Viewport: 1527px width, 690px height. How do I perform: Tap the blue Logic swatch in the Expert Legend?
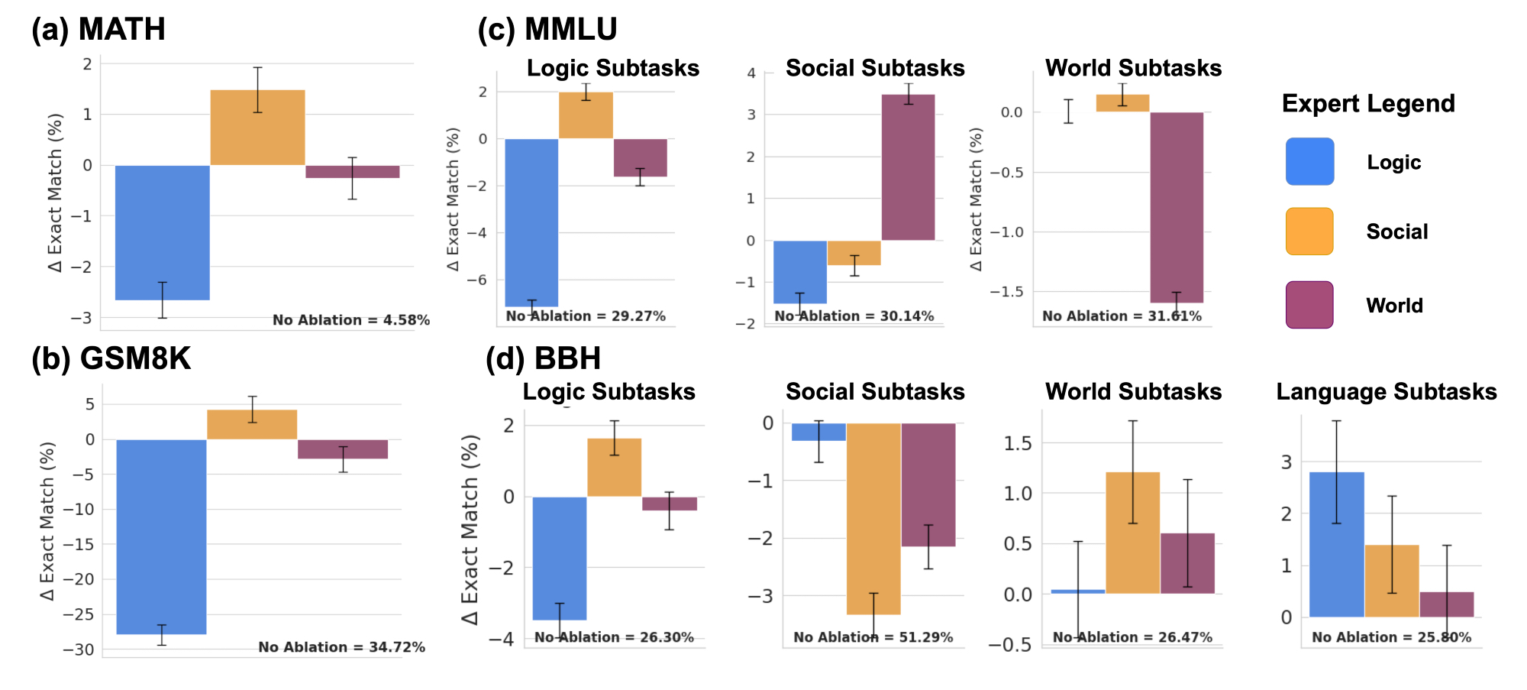click(1309, 161)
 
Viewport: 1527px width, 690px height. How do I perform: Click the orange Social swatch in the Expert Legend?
click(1309, 232)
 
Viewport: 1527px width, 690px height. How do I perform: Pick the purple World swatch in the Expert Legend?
click(1309, 305)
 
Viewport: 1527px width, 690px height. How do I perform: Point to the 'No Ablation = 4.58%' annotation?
click(351, 320)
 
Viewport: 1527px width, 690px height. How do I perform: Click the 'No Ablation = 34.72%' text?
click(341, 647)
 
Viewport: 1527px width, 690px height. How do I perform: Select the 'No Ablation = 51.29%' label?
click(873, 637)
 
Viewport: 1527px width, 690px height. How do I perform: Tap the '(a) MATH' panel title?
click(98, 29)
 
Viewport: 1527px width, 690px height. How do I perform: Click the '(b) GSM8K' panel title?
click(111, 358)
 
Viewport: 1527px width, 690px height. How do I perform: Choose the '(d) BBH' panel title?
click(544, 358)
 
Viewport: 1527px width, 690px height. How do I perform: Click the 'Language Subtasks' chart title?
click(1386, 392)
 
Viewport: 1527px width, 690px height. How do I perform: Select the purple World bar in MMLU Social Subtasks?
click(908, 167)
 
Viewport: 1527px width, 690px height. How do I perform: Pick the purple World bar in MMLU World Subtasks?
click(1177, 207)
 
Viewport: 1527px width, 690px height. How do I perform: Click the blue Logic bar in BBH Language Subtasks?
click(1336, 544)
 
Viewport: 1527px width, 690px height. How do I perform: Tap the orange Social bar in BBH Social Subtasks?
click(873, 519)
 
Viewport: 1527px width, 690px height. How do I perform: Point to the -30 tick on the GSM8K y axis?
click(79, 650)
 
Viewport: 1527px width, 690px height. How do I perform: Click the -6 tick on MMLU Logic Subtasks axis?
click(482, 280)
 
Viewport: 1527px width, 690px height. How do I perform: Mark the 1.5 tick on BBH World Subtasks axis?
click(1017, 443)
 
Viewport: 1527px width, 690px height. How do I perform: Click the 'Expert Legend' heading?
click(1368, 103)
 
